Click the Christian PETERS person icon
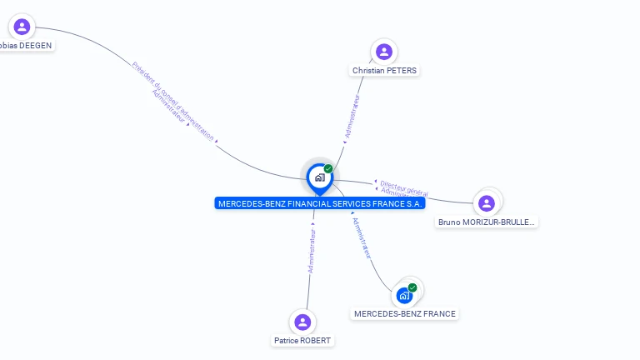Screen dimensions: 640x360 384,52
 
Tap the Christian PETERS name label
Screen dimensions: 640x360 384,71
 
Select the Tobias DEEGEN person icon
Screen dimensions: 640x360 22,27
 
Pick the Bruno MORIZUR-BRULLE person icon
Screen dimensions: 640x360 487,202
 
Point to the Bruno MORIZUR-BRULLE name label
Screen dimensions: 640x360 487,222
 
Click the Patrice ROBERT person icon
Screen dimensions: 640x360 302,322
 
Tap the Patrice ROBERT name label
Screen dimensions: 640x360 302,341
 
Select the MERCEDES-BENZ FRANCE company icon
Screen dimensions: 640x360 404,295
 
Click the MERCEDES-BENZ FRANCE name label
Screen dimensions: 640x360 405,314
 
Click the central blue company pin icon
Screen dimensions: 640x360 319,177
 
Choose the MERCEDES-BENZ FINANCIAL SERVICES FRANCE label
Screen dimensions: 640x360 320,203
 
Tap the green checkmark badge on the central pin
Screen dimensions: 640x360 328,168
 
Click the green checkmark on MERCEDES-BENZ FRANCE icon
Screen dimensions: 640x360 412,287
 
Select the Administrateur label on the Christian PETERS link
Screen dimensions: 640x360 352,116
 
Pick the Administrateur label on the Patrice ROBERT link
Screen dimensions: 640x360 312,251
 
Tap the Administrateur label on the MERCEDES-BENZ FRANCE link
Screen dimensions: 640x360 362,237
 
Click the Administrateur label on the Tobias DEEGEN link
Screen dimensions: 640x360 170,107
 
